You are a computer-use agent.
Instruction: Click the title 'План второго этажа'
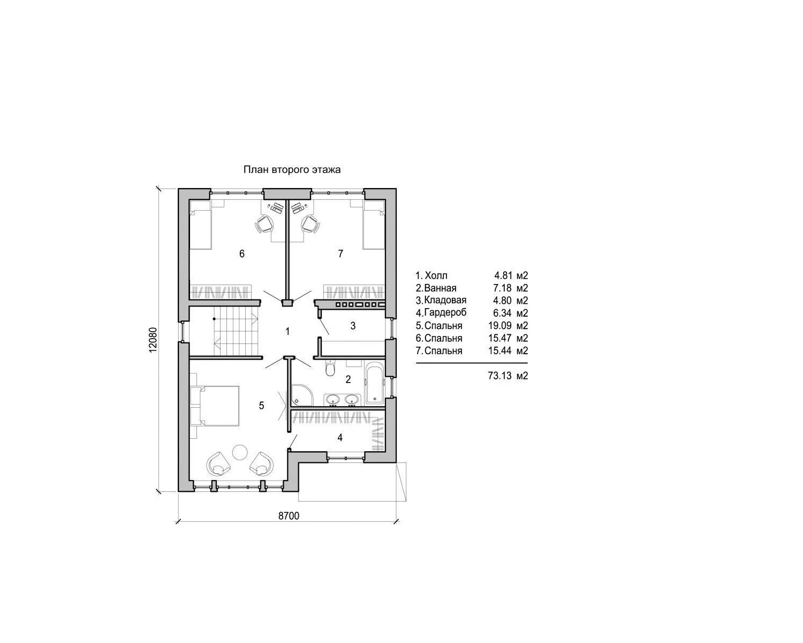pos(292,170)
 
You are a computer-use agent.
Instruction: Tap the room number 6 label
pos(242,254)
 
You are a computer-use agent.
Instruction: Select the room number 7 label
pos(340,254)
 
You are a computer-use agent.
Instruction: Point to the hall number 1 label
pos(287,331)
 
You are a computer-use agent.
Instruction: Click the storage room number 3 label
pos(353,326)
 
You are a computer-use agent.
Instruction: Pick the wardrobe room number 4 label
pos(339,437)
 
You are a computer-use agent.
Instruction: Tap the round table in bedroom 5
pos(239,452)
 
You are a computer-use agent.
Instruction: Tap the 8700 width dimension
pos(289,516)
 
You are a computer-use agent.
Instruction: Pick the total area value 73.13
pos(499,376)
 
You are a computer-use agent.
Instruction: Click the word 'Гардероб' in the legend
pos(445,312)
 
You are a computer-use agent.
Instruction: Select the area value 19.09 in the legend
pos(499,326)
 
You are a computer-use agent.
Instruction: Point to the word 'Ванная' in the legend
pos(441,288)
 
